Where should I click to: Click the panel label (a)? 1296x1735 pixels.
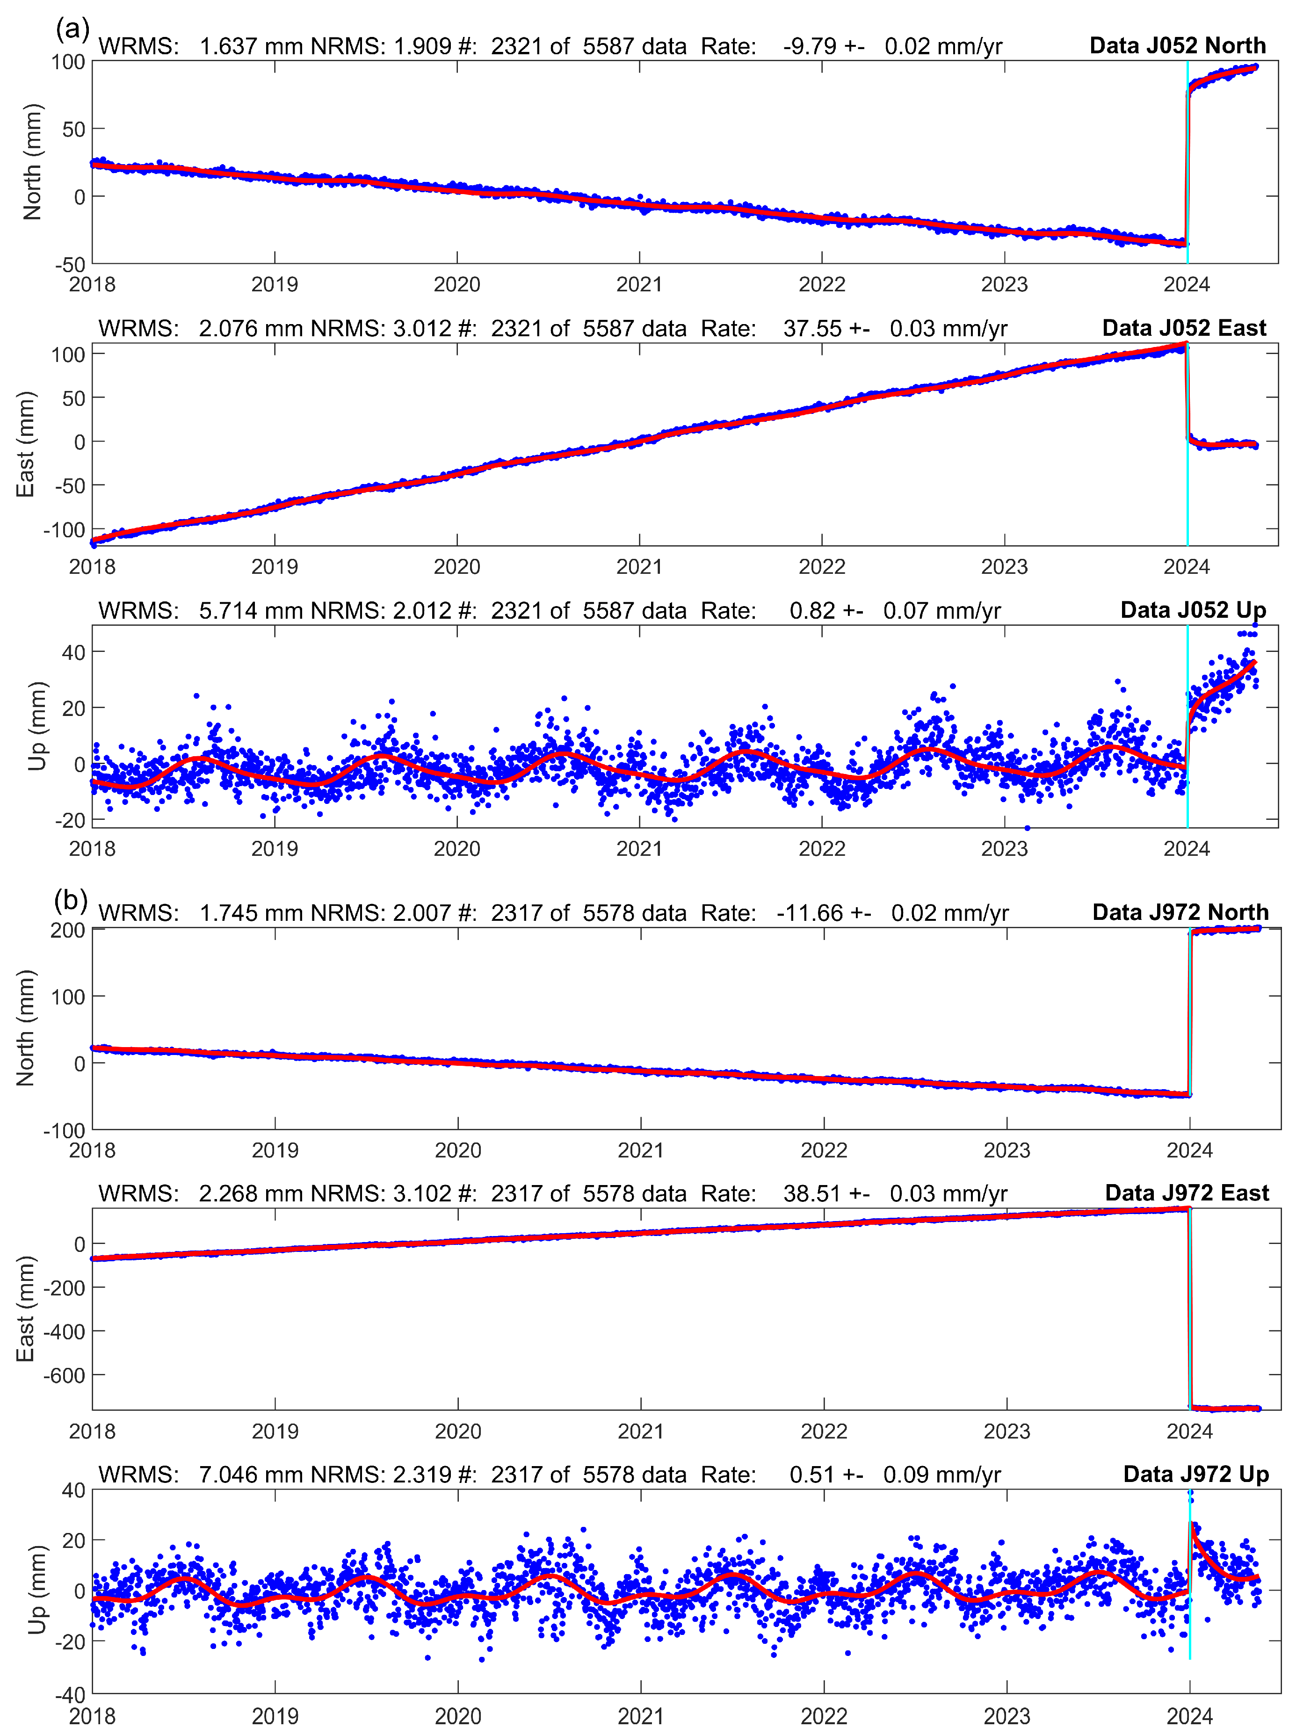(72, 30)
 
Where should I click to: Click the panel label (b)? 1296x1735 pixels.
(71, 900)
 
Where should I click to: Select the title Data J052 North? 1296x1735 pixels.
(1178, 45)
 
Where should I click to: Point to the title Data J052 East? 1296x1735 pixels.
(1184, 328)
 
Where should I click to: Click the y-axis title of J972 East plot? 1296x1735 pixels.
(25, 1309)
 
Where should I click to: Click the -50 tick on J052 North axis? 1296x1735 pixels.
(69, 264)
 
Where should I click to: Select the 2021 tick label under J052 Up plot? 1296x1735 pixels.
(639, 849)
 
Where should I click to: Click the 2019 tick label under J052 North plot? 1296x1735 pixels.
(275, 284)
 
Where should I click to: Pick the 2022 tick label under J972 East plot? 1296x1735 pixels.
(824, 1431)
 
